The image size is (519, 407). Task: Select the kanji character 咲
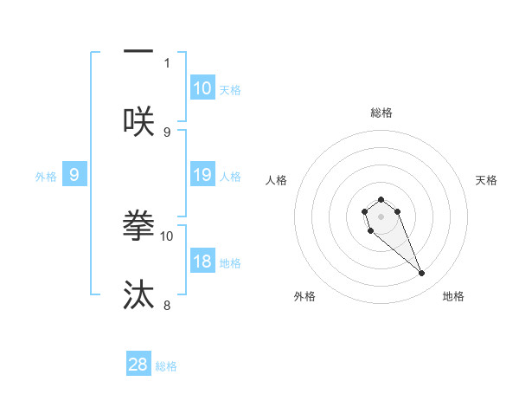(138, 121)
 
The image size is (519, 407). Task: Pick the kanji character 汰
(138, 294)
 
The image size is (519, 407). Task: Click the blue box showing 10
(202, 88)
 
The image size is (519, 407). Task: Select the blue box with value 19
(202, 175)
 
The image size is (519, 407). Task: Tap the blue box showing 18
(202, 262)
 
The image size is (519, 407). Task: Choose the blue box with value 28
(138, 365)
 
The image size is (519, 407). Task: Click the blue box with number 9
(74, 175)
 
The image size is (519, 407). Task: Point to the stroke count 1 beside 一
(167, 62)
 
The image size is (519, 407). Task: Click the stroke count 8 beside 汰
(167, 305)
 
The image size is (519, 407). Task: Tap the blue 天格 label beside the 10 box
(230, 89)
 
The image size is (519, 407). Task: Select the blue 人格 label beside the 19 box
(230, 176)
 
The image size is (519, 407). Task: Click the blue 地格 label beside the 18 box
(230, 262)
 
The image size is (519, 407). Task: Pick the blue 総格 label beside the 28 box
(166, 365)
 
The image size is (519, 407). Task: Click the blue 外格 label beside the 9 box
(46, 176)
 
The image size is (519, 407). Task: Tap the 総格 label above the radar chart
(381, 113)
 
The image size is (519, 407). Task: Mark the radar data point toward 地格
(422, 274)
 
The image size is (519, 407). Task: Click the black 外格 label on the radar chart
(304, 296)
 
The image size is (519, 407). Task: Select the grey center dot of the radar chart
(381, 216)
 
